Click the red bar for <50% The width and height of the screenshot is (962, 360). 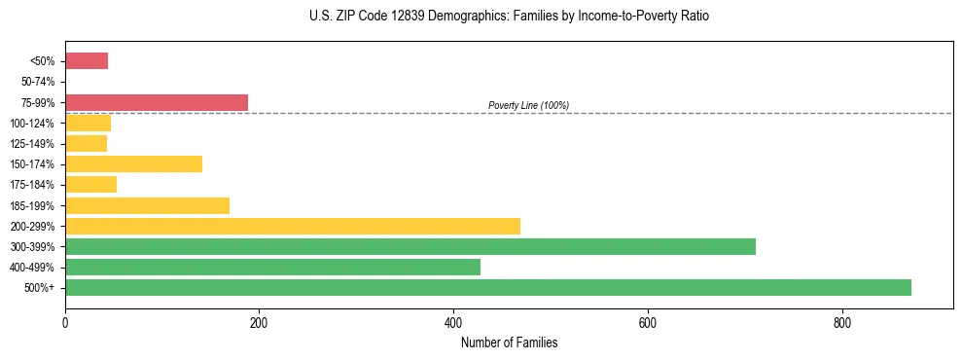87,61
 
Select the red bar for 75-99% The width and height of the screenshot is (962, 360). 157,102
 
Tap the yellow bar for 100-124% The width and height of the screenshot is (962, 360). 88,124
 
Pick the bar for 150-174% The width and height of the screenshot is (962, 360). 133,164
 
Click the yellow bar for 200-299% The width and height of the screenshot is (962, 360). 293,227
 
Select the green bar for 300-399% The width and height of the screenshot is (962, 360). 410,247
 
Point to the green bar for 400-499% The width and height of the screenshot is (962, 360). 272,268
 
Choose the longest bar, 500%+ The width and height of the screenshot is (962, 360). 488,288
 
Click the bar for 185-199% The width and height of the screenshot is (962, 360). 147,205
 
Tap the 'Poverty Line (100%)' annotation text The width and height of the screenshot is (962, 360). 528,105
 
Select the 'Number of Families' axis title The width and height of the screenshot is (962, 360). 509,342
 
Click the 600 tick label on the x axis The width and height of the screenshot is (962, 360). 648,322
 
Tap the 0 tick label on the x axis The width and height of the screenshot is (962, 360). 65,322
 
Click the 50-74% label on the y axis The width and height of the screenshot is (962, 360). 38,82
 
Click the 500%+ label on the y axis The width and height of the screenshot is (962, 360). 41,288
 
